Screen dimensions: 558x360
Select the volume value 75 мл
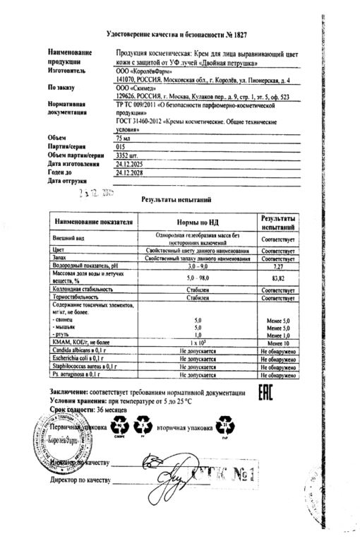(x=125, y=140)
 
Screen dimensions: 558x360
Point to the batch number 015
(x=121, y=148)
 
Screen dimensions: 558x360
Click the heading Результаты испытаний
(x=175, y=200)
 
